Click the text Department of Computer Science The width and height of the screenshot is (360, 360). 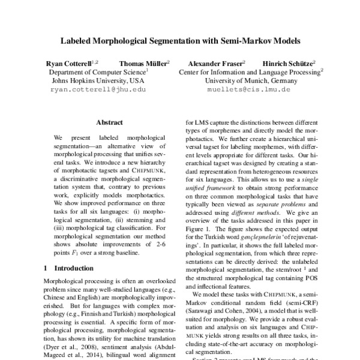click(x=97, y=71)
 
